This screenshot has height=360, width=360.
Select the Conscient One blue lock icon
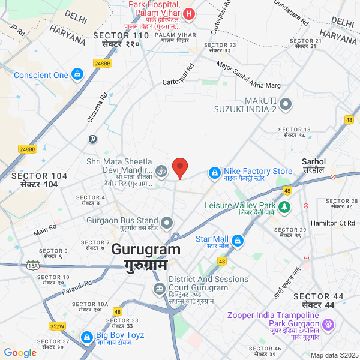click(x=77, y=75)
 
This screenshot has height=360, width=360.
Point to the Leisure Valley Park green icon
click(x=284, y=207)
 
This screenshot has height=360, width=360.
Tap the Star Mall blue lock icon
click(x=238, y=241)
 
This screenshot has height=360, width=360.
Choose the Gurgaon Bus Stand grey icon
click(x=167, y=223)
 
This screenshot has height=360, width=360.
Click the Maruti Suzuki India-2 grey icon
click(x=286, y=104)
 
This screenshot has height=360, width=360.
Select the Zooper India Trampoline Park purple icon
click(x=328, y=325)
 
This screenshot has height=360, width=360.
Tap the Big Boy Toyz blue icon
click(x=88, y=337)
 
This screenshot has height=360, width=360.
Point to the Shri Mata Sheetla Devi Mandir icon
click(x=160, y=172)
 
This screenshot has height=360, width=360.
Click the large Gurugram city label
click(x=146, y=250)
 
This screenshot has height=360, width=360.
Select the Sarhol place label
click(x=313, y=162)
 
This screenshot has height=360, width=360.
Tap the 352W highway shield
click(x=58, y=326)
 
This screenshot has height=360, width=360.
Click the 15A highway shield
click(x=33, y=265)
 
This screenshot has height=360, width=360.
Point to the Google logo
click(x=20, y=353)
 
